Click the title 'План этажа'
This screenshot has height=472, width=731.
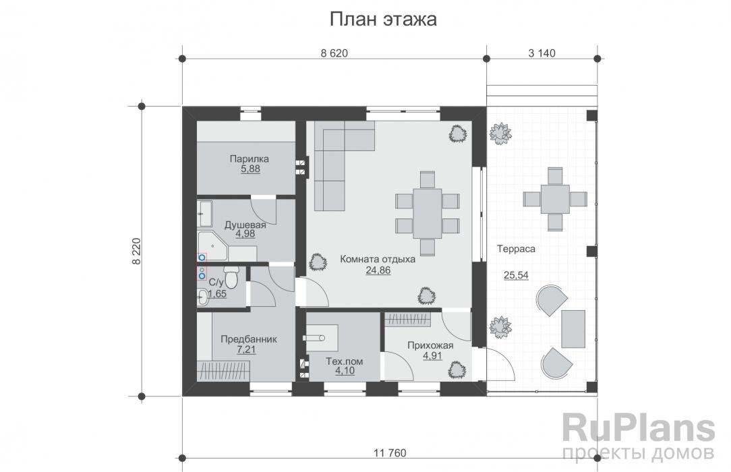pyautogui.click(x=383, y=20)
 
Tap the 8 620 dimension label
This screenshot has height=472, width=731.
pyautogui.click(x=334, y=53)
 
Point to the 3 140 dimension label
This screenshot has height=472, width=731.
pyautogui.click(x=542, y=53)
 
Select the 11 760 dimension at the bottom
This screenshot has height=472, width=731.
pyautogui.click(x=390, y=452)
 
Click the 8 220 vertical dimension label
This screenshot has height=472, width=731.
pyautogui.click(x=136, y=252)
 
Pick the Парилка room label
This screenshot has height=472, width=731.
pyautogui.click(x=249, y=159)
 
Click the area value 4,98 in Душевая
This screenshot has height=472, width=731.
pyautogui.click(x=245, y=234)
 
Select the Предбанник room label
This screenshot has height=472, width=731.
pyautogui.click(x=248, y=339)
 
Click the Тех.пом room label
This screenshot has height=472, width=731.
pyautogui.click(x=344, y=361)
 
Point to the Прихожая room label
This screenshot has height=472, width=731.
pyautogui.click(x=430, y=345)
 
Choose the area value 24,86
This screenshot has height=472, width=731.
pyautogui.click(x=378, y=270)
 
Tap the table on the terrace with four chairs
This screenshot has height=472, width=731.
pyautogui.click(x=555, y=199)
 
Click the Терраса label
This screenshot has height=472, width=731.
pyautogui.click(x=516, y=249)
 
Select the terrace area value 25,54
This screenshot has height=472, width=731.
pyautogui.click(x=516, y=275)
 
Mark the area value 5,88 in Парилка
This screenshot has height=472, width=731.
pyautogui.click(x=250, y=169)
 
